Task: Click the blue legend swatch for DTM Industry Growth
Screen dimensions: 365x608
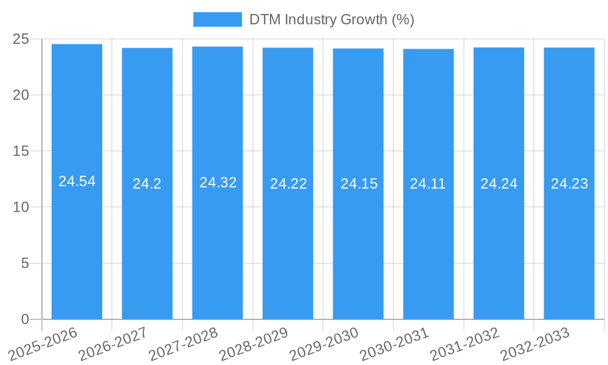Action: pyautogui.click(x=217, y=19)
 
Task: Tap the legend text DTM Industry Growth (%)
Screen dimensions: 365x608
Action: pyautogui.click(x=331, y=19)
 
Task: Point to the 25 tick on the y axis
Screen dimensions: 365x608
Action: pyautogui.click(x=21, y=39)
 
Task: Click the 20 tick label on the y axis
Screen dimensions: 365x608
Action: pyautogui.click(x=21, y=95)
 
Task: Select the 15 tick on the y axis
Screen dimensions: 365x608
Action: pyautogui.click(x=21, y=151)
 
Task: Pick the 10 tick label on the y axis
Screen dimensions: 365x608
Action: pyautogui.click(x=21, y=207)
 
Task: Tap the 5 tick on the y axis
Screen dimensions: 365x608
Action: pyautogui.click(x=25, y=263)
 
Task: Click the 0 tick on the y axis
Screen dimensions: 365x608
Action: pyautogui.click(x=25, y=319)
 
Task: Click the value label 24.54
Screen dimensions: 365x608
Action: pyautogui.click(x=77, y=181)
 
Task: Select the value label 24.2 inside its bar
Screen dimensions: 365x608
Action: pyautogui.click(x=147, y=184)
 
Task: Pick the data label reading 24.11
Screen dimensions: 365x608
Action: pyautogui.click(x=428, y=184)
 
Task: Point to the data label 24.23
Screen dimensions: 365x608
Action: pyautogui.click(x=569, y=184)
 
